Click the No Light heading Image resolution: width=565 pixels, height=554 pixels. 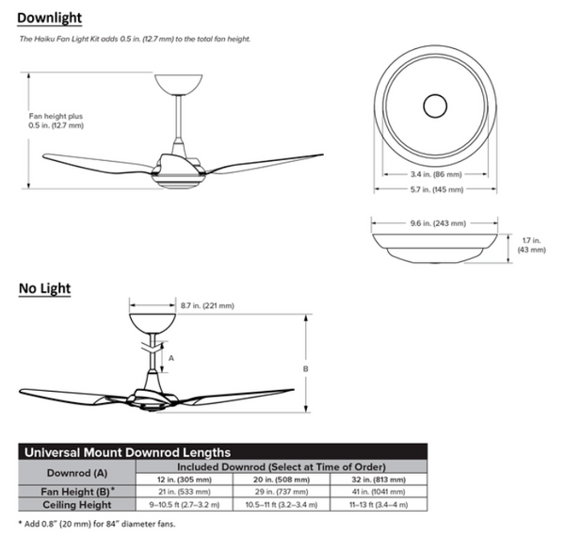pyautogui.click(x=45, y=287)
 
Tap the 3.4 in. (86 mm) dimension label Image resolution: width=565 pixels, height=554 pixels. pyautogui.click(x=435, y=174)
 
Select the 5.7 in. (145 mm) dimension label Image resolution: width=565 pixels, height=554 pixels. pyautogui.click(x=435, y=189)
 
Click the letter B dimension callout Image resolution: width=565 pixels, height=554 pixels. pyautogui.click(x=306, y=369)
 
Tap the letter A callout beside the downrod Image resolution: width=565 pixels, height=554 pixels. pyautogui.click(x=169, y=357)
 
